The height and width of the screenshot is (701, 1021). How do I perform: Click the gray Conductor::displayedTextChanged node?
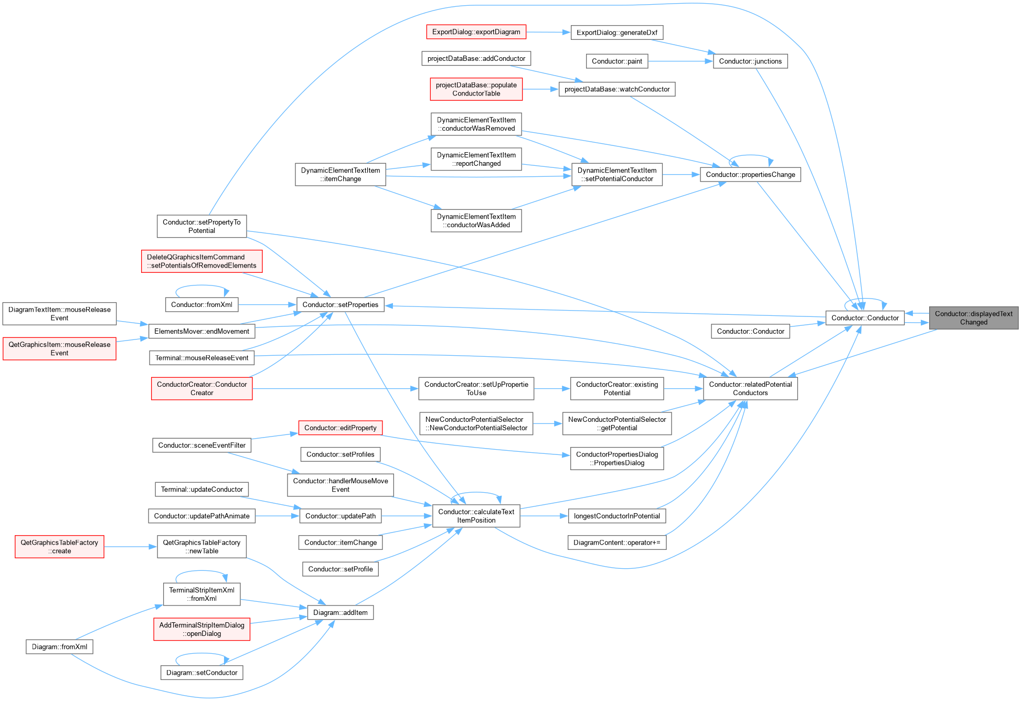pyautogui.click(x=973, y=318)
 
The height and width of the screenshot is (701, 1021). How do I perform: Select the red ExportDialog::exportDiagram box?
pyautogui.click(x=476, y=32)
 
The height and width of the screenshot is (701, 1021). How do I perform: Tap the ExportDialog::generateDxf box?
pyautogui.click(x=616, y=33)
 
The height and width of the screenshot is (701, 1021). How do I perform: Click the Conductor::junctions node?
pyautogui.click(x=750, y=61)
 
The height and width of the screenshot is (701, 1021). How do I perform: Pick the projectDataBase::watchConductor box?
pyautogui.click(x=617, y=89)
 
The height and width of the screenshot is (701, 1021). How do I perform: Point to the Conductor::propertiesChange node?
pyautogui.click(x=750, y=175)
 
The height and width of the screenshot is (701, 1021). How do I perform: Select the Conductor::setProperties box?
pyautogui.click(x=340, y=305)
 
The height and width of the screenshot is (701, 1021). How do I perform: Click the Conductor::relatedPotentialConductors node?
pyautogui.click(x=750, y=389)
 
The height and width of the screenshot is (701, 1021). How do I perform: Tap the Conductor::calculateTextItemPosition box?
pyautogui.click(x=476, y=516)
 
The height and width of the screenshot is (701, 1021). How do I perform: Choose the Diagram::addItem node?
pyautogui.click(x=340, y=613)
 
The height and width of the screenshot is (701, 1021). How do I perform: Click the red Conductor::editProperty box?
pyautogui.click(x=340, y=428)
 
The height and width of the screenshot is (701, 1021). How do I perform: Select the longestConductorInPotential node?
pyautogui.click(x=617, y=516)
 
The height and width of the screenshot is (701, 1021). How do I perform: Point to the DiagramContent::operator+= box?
pyautogui.click(x=617, y=543)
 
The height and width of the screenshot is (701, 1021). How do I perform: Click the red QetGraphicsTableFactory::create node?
pyautogui.click(x=59, y=547)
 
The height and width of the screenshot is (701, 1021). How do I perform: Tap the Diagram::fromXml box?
pyautogui.click(x=59, y=647)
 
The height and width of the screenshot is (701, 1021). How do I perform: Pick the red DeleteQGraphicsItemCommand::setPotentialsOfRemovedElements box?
pyautogui.click(x=201, y=261)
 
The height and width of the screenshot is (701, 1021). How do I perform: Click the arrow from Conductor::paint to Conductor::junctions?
pyautogui.click(x=680, y=61)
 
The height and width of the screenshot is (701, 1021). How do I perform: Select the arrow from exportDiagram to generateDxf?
pyautogui.click(x=548, y=33)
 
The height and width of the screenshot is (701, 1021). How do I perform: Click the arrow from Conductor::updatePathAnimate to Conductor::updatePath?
pyautogui.click(x=278, y=516)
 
